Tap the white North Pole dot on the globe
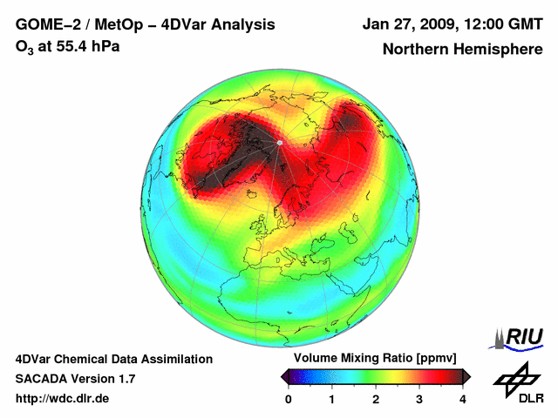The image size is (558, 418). pyautogui.click(x=279, y=142)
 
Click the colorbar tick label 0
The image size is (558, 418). pyautogui.click(x=289, y=399)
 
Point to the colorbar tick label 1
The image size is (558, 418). pyautogui.click(x=332, y=399)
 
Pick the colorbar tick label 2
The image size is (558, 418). pyautogui.click(x=376, y=399)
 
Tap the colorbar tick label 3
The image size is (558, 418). pyautogui.click(x=419, y=399)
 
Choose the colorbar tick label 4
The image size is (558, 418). pyautogui.click(x=463, y=399)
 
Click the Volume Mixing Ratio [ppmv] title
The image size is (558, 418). pyautogui.click(x=375, y=358)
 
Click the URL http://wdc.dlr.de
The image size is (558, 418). pyautogui.click(x=63, y=399)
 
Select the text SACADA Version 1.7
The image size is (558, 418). pyautogui.click(x=75, y=379)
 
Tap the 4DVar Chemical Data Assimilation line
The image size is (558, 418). pyautogui.click(x=114, y=359)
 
